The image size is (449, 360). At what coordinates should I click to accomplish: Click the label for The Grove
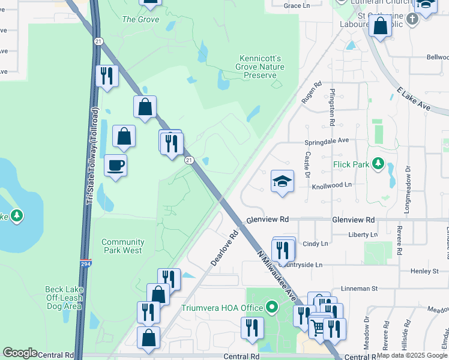(140, 19)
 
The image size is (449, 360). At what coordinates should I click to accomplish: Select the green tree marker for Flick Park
(378, 163)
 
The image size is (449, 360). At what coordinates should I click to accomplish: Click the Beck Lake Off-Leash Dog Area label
(63, 298)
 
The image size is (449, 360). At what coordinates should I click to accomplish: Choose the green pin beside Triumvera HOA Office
(271, 308)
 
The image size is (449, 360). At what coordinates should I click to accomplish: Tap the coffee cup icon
(115, 165)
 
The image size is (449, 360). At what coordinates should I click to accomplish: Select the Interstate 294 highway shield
(86, 263)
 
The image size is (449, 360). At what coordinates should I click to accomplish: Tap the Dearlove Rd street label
(225, 246)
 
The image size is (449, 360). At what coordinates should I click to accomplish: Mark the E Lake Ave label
(414, 98)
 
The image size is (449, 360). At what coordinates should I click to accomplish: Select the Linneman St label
(358, 289)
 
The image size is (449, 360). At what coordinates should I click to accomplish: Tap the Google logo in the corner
(20, 353)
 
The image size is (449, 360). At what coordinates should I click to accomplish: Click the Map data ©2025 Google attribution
(412, 356)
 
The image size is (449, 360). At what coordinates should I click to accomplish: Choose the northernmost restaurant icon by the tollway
(107, 76)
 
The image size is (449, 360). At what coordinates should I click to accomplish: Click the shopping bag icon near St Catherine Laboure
(380, 26)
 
